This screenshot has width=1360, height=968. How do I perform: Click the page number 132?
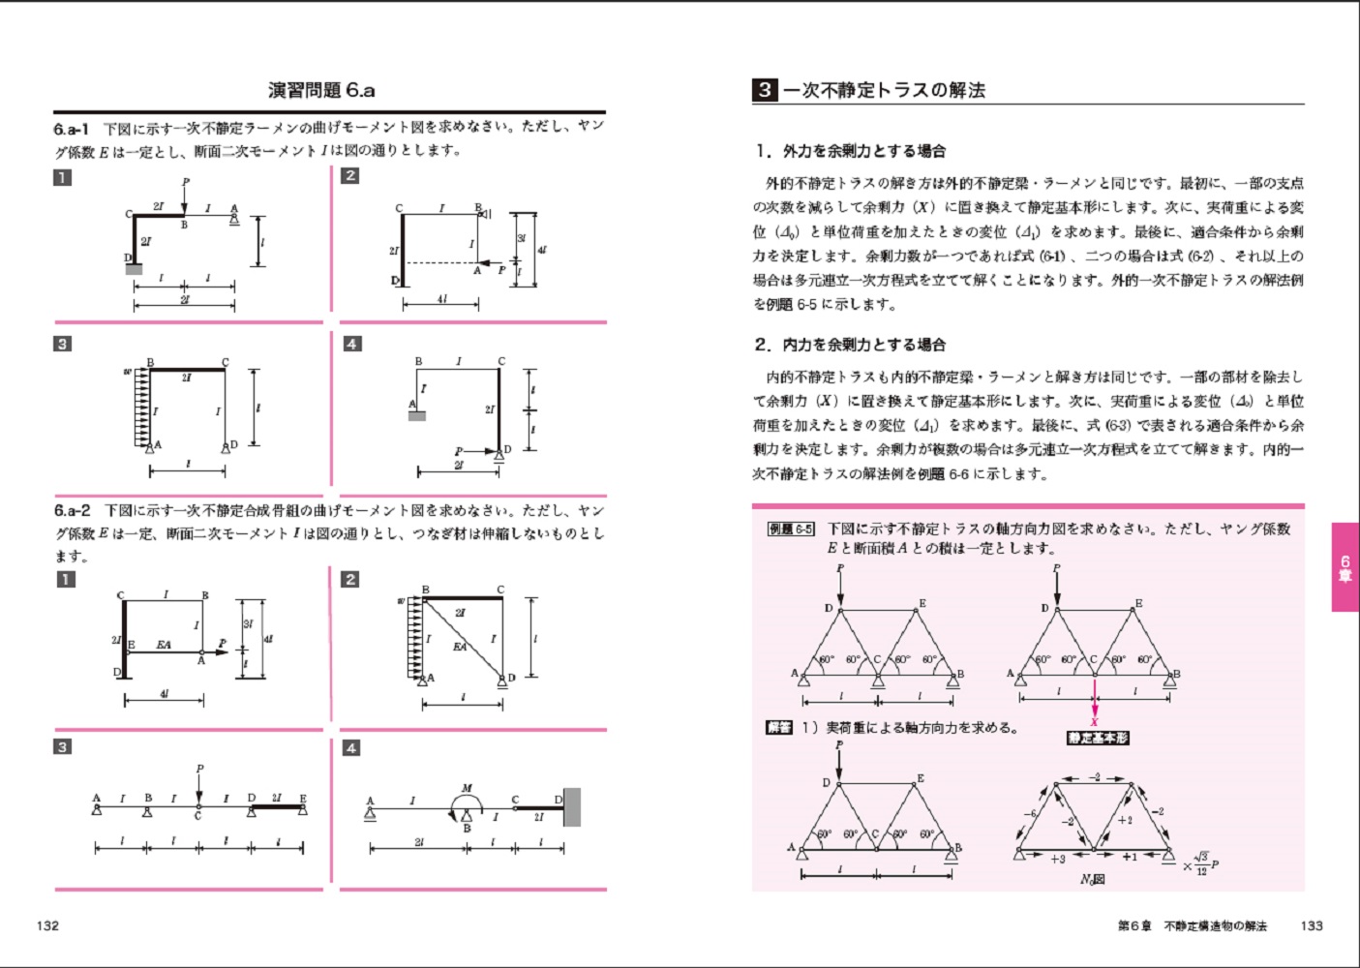pos(47,925)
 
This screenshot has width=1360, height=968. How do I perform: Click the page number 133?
pos(1312,925)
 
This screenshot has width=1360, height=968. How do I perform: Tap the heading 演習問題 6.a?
pos(321,91)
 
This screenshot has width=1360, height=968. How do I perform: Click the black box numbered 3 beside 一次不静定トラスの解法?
pos(765,90)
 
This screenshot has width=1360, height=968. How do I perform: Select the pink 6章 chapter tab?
pos(1345,567)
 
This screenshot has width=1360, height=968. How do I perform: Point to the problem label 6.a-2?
pos(73,510)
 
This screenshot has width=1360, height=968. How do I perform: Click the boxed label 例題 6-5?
pos(791,529)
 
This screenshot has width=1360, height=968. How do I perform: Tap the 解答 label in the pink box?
pos(778,727)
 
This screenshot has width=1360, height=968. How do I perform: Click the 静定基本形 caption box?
pos(1098,738)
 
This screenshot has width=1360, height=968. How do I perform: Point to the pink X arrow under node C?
pos(1095,705)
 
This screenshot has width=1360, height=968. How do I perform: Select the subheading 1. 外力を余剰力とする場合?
pos(850,151)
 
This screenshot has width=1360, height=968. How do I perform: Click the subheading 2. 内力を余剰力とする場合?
pos(850,345)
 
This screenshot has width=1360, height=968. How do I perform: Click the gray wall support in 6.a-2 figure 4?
pos(572,806)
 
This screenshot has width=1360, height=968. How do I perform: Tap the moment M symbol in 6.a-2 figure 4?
pos(467,789)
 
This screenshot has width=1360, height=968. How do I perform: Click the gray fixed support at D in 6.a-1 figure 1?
pos(134,268)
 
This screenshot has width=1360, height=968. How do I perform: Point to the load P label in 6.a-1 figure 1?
pos(186,182)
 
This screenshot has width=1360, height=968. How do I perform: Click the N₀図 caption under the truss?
pos(1092,879)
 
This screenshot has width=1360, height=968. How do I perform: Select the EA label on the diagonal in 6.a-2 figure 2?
pos(460,647)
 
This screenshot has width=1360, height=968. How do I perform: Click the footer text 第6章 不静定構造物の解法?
pos(1192,926)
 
